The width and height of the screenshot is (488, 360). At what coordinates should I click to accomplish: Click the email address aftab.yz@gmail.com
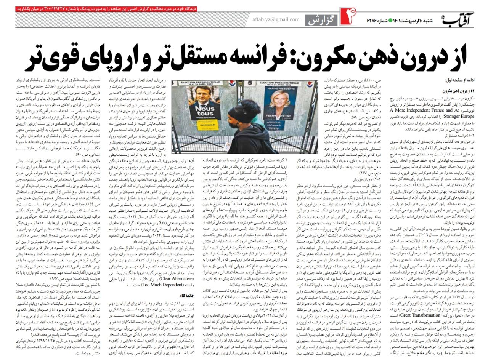276,19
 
